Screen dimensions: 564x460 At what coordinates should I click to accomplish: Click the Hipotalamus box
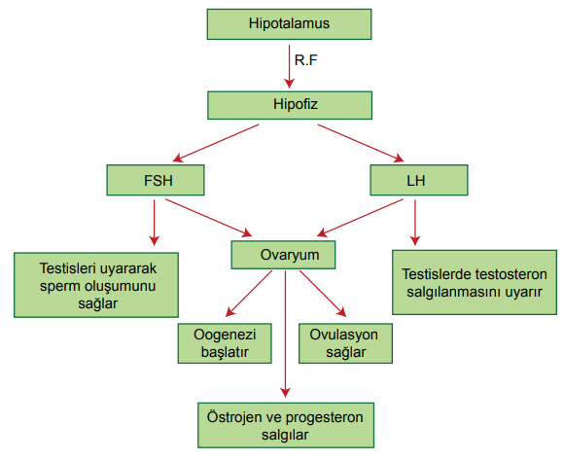[x=289, y=24]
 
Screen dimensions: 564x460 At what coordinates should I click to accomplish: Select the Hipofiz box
[x=290, y=105]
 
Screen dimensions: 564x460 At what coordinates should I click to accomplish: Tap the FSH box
[x=156, y=180]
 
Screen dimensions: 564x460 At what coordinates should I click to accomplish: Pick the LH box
[x=419, y=180]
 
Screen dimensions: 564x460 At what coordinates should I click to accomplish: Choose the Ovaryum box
[x=283, y=255]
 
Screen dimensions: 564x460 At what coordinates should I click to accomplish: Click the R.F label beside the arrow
[x=305, y=60]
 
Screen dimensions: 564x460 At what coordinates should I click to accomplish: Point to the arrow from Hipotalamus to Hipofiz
[x=289, y=66]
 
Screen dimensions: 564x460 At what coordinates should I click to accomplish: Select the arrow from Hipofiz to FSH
[x=216, y=143]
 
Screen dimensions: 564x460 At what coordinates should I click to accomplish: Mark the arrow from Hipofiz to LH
[x=361, y=143]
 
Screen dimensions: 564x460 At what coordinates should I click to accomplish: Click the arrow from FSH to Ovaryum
[x=209, y=218]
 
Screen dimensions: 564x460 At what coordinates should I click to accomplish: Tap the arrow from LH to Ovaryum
[x=360, y=218]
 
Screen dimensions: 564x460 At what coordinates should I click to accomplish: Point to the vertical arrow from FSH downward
[x=155, y=223]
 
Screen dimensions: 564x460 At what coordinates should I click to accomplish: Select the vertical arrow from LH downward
[x=415, y=223]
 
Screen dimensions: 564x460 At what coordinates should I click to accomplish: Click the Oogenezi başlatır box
[x=225, y=343]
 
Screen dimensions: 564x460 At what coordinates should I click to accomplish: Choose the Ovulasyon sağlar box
[x=345, y=343]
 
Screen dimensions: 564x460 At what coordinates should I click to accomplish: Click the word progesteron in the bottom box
[x=325, y=418]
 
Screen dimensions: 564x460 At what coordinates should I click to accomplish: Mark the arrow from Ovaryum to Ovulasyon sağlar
[x=323, y=294]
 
